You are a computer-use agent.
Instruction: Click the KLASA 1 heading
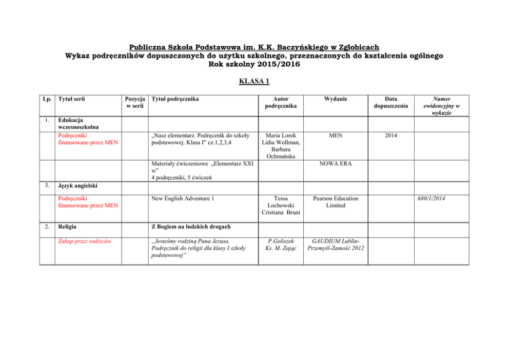[x=254, y=81]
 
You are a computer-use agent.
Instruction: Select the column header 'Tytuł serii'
[x=71, y=99]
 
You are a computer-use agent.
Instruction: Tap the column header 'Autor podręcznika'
[x=281, y=102]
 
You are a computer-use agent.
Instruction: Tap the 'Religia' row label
[x=68, y=226]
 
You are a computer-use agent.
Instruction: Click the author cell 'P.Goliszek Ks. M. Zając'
[x=281, y=244]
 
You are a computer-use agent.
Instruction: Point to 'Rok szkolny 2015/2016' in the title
[x=254, y=65]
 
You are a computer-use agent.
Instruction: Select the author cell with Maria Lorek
[x=281, y=145]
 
